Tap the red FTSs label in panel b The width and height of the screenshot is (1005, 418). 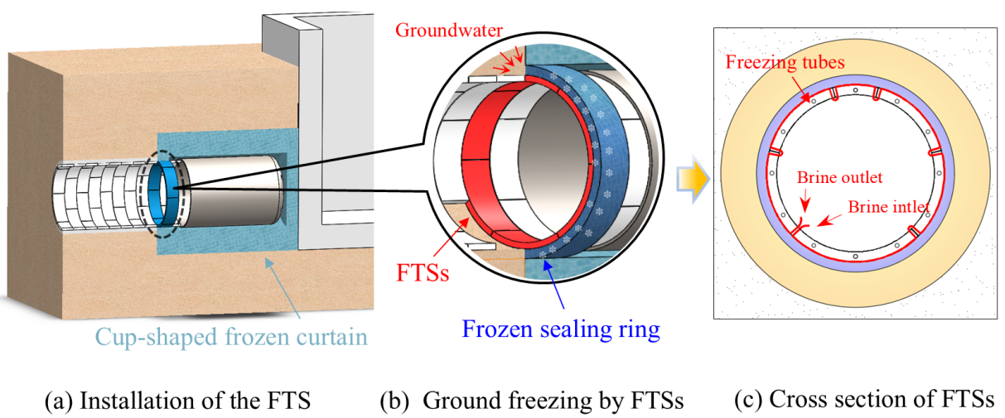[423, 272]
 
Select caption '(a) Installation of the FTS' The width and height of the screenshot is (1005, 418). [177, 401]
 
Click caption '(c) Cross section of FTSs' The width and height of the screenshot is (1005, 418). [863, 400]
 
